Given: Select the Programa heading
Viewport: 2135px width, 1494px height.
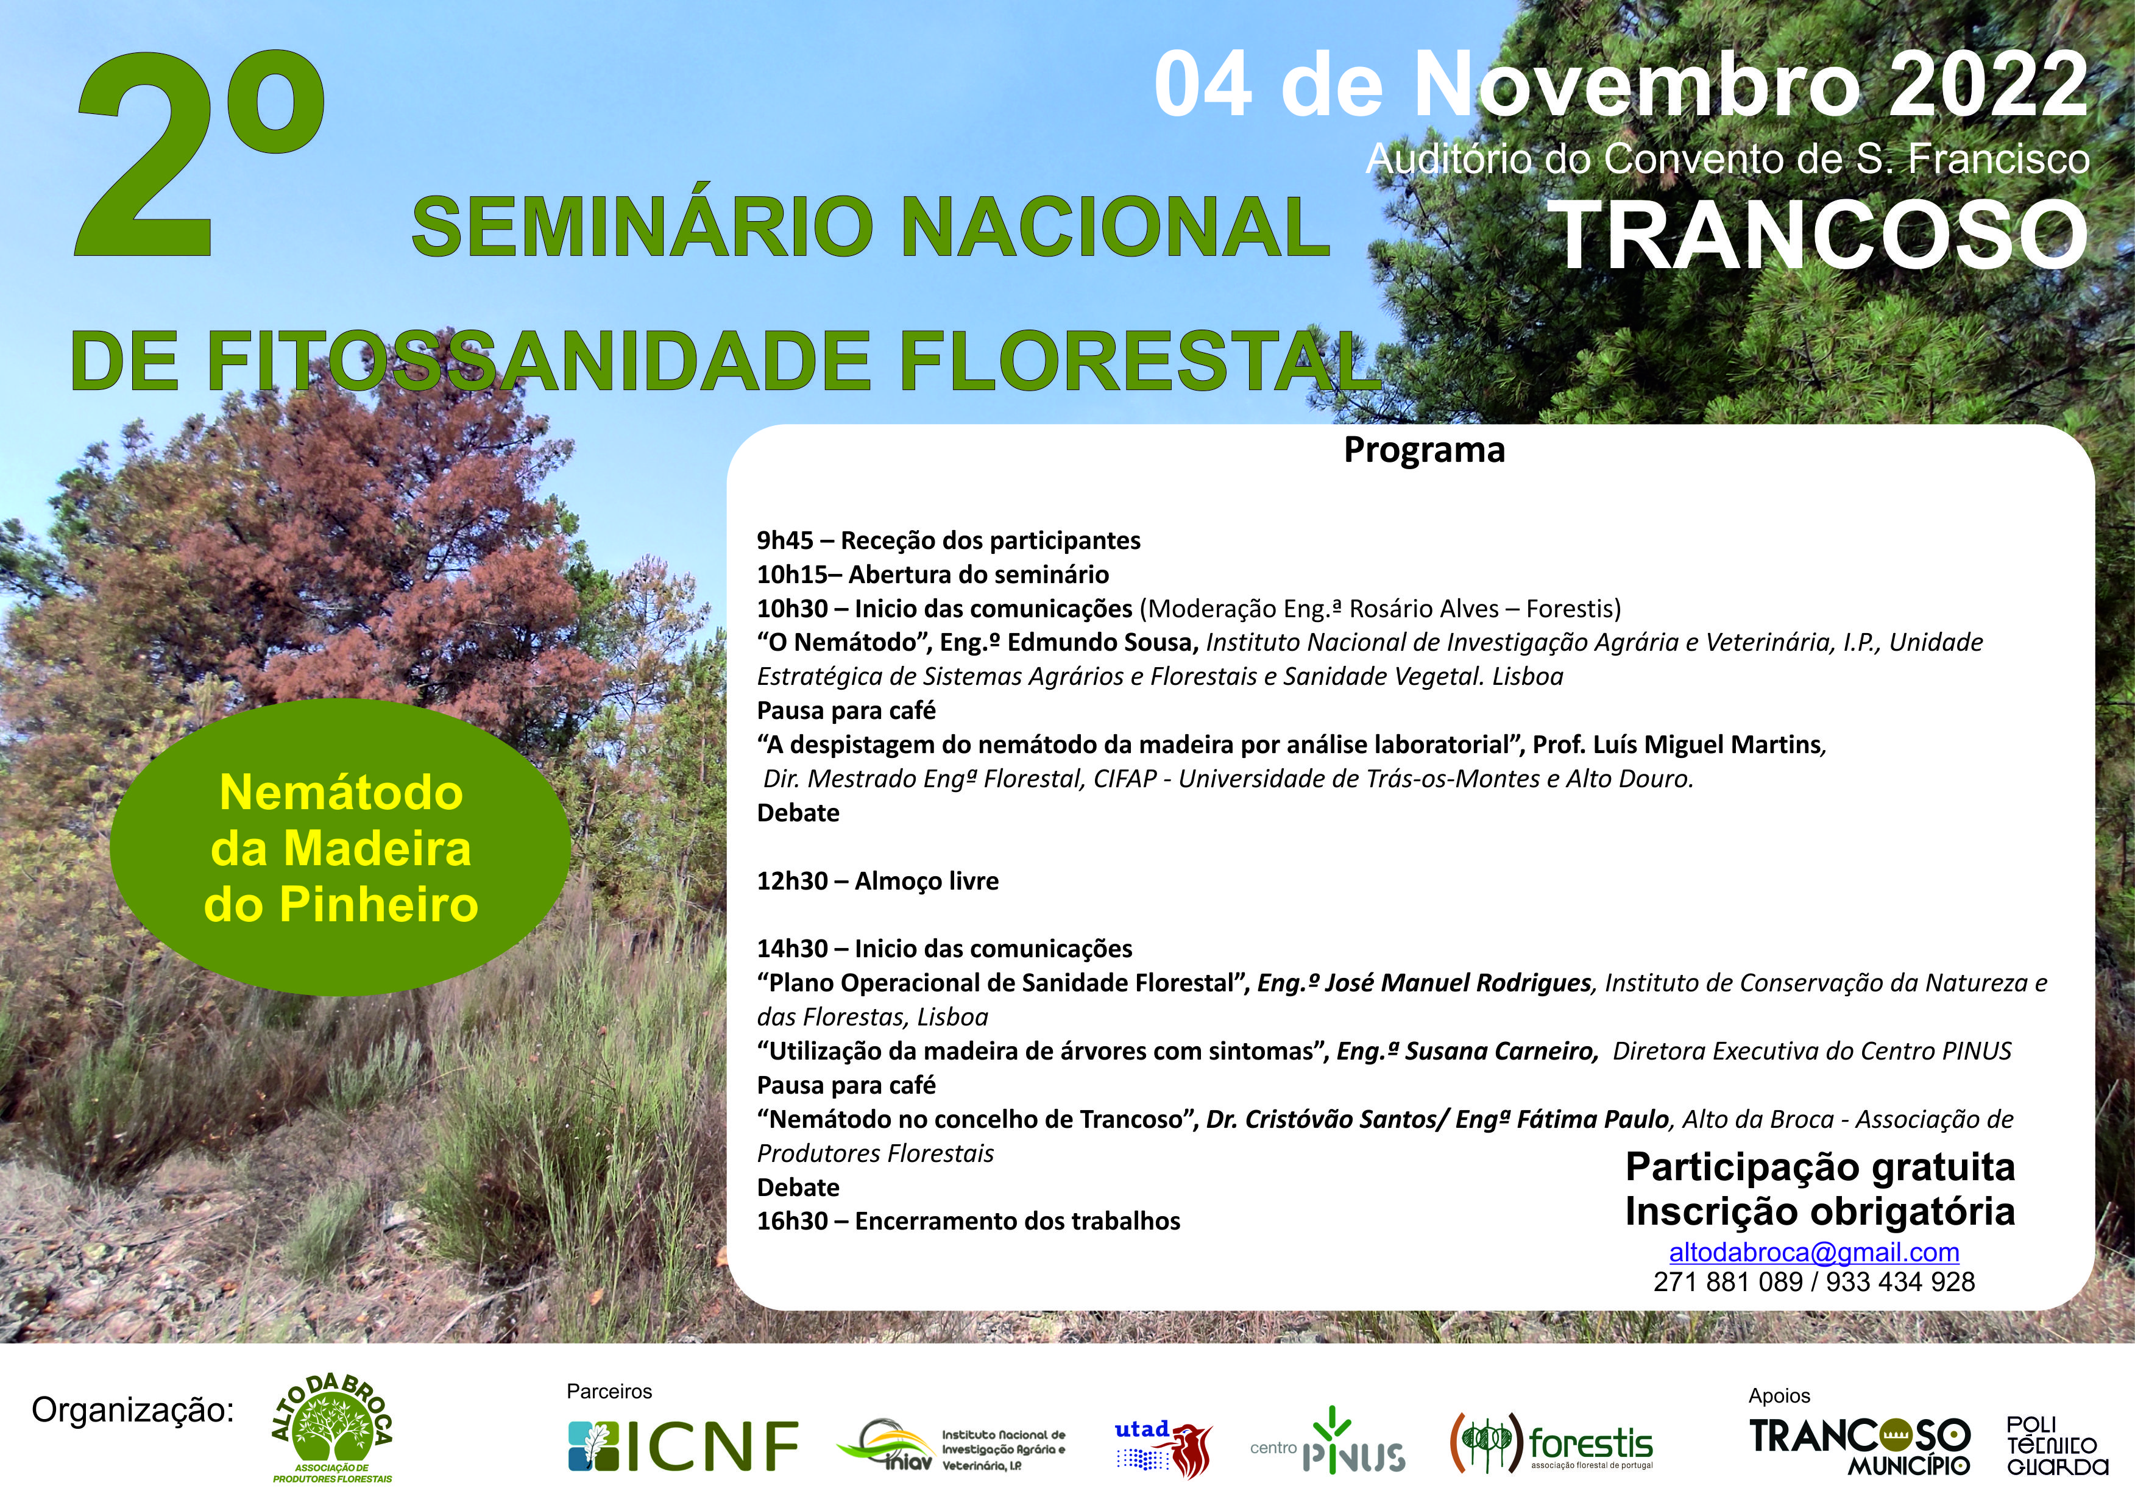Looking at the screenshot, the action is (x=1424, y=450).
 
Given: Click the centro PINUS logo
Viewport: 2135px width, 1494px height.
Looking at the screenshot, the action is (x=1328, y=1440).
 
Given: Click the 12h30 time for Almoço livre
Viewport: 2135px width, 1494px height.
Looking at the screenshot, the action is (x=792, y=880).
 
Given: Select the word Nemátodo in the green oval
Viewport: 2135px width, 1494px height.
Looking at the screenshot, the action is (x=341, y=793).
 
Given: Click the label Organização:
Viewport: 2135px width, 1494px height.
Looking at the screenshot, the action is (x=133, y=1411).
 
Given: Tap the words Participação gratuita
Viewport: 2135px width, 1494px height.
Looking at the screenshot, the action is (x=1820, y=1167).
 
